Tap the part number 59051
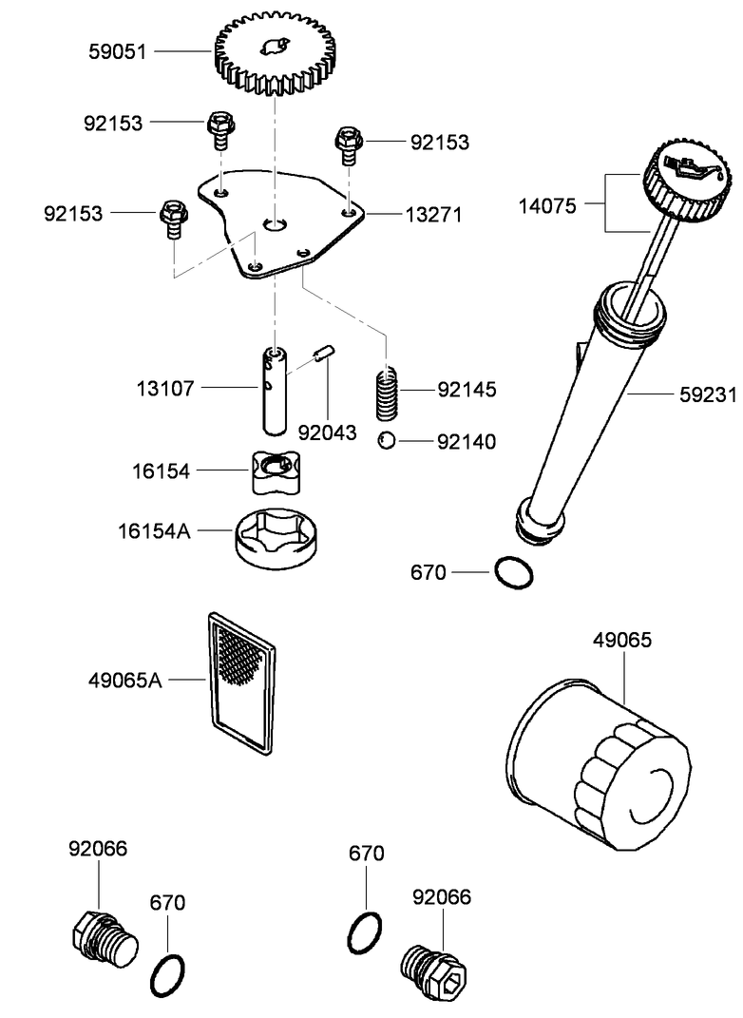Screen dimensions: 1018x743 pyautogui.click(x=118, y=52)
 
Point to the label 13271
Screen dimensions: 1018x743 pyautogui.click(x=434, y=215)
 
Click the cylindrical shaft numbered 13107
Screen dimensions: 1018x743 pyautogui.click(x=274, y=390)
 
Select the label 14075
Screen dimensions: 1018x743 pyautogui.click(x=547, y=203)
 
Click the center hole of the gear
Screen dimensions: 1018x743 pyautogui.click(x=275, y=47)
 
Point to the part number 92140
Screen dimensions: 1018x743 pyautogui.click(x=466, y=441)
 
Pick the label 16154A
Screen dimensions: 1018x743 pyautogui.click(x=154, y=530)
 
